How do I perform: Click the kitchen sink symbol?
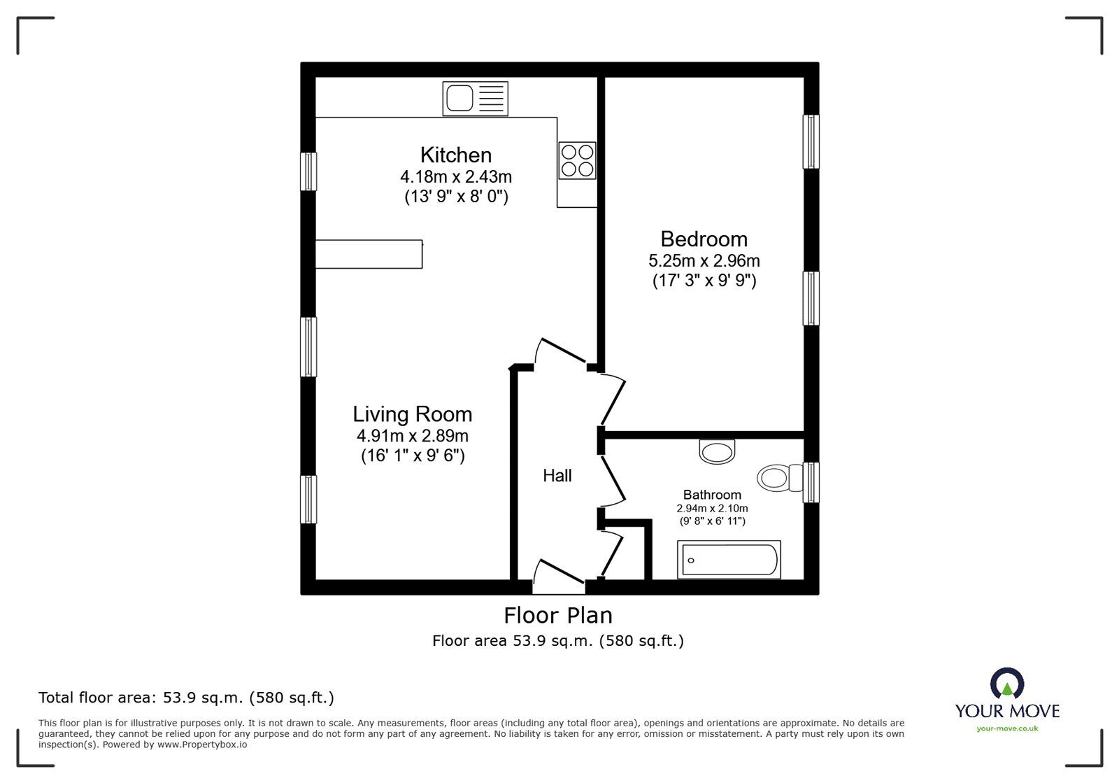tap(475, 98)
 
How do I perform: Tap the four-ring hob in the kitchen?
tap(577, 160)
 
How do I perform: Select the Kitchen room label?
tap(456, 155)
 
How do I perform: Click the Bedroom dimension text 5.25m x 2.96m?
tap(704, 261)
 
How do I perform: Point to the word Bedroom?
tap(704, 239)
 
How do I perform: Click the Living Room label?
tap(412, 414)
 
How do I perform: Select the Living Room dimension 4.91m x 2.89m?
tap(412, 436)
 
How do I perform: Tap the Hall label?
tap(557, 476)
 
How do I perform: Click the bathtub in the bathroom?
tap(729, 560)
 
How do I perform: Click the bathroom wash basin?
tap(718, 451)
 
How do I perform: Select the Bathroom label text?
tap(712, 495)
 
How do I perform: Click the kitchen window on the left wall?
tap(308, 171)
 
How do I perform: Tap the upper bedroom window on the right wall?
tap(811, 141)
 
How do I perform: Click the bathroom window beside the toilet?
tap(811, 481)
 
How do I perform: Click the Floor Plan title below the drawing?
tap(558, 615)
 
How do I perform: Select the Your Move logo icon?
tap(1007, 684)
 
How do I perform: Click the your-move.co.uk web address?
tap(1007, 728)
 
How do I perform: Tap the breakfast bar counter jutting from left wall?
tap(369, 254)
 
